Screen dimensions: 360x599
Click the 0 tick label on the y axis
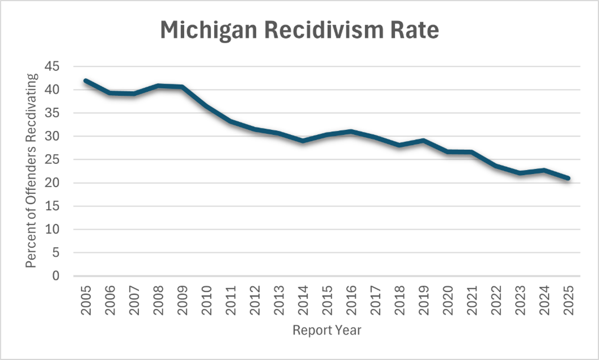pyautogui.click(x=56, y=276)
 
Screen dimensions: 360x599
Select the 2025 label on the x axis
pyautogui.click(x=568, y=300)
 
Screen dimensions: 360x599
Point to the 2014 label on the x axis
pyautogui.click(x=303, y=300)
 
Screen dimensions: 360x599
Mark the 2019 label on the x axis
pyautogui.click(x=424, y=300)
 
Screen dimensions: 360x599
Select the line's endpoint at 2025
pyautogui.click(x=567, y=178)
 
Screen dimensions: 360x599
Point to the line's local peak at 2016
pyautogui.click(x=351, y=132)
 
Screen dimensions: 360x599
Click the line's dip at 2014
pyautogui.click(x=303, y=141)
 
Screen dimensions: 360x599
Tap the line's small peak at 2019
pyautogui.click(x=423, y=140)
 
